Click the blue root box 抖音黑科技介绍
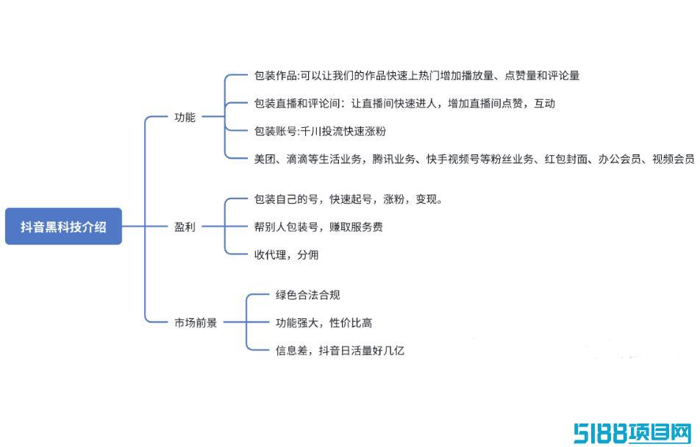coord(63,226)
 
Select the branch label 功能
coord(185,118)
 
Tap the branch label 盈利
coord(185,227)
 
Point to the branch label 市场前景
coord(196,323)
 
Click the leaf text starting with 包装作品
coord(417,76)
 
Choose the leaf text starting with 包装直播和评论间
coord(404,104)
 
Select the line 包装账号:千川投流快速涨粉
coord(320,132)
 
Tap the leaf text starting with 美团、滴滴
coord(474,159)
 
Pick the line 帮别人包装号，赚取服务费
coord(318,227)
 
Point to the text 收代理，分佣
coord(286,254)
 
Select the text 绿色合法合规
coord(307,295)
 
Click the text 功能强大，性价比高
coord(324,323)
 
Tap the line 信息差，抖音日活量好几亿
coord(340,351)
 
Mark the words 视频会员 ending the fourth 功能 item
coord(674,159)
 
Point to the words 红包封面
coord(565,159)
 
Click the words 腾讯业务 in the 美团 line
coord(394,159)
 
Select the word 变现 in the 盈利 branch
coord(426,199)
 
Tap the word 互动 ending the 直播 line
coord(545,104)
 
